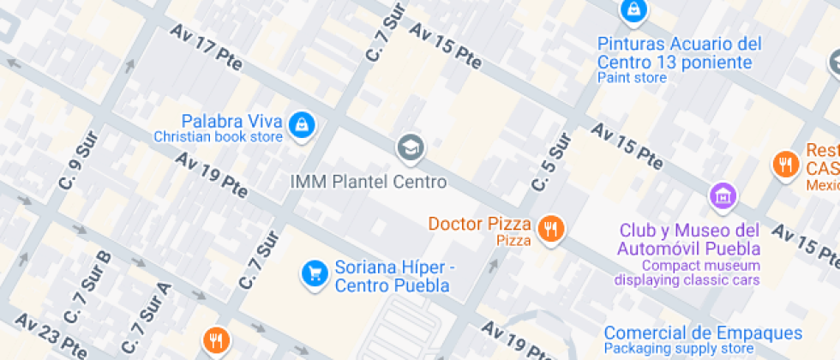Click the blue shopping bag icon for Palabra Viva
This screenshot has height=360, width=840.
[x=302, y=125]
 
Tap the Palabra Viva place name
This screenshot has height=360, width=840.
[x=231, y=119]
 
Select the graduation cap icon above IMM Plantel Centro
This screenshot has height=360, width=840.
[x=411, y=147]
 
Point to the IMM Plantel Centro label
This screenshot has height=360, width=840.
[x=369, y=182]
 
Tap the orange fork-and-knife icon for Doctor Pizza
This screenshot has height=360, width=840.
[x=549, y=229]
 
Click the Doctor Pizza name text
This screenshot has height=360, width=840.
[x=480, y=224]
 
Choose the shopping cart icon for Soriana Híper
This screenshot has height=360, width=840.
[x=315, y=273]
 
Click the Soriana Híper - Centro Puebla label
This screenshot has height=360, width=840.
[x=393, y=276]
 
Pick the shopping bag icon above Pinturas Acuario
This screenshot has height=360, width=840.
[x=632, y=10]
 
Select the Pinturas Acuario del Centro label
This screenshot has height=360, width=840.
[x=679, y=52]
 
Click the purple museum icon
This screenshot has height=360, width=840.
[x=723, y=195]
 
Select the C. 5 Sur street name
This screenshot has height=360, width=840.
[x=550, y=163]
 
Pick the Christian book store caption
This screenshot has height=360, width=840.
[x=218, y=136]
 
